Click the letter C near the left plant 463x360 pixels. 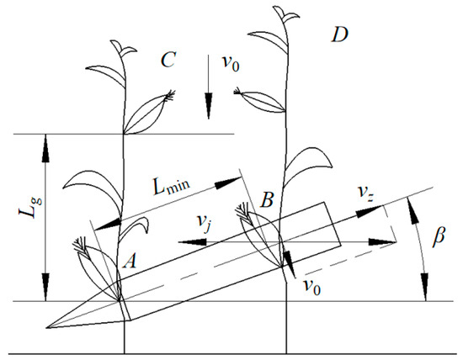click(x=168, y=61)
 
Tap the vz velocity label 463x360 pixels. click(x=365, y=190)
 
